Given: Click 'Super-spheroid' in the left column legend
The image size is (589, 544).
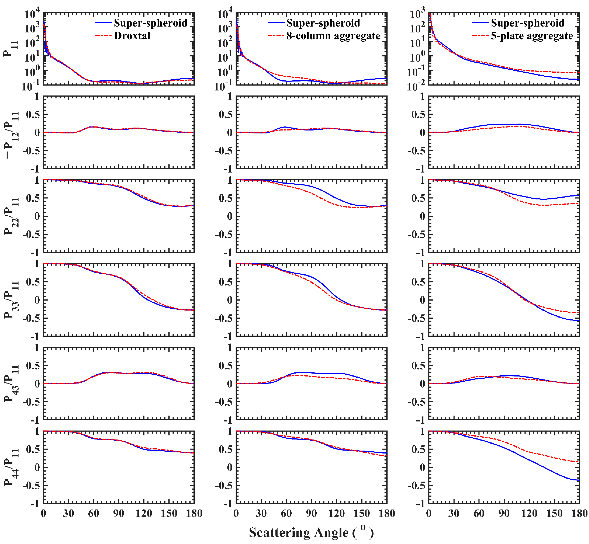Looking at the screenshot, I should click(151, 23).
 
